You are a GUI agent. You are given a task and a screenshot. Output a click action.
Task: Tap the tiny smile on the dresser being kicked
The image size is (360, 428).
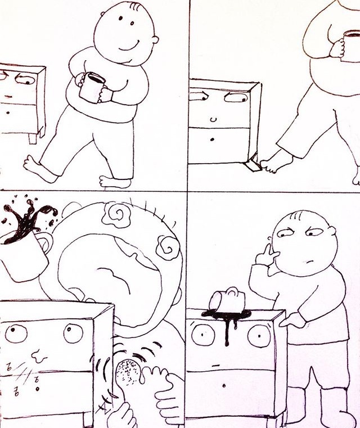click(212, 120)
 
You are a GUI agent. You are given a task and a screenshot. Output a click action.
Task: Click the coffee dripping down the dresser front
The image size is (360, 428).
click(228, 326)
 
